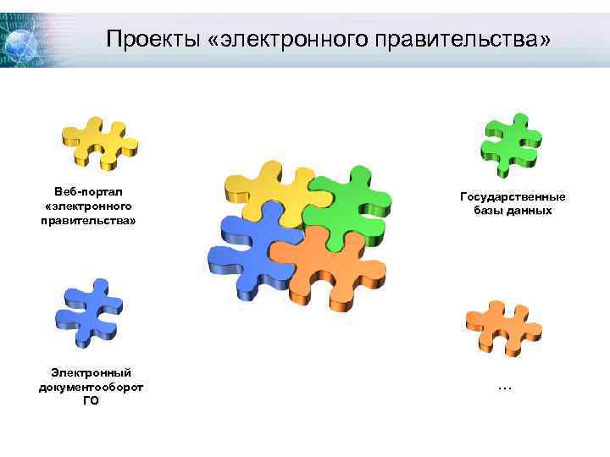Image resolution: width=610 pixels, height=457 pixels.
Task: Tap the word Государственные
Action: (513, 196)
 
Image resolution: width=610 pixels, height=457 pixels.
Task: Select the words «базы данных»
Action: (513, 210)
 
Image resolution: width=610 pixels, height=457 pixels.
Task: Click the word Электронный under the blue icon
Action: (91, 372)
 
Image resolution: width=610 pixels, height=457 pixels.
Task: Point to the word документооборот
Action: (91, 387)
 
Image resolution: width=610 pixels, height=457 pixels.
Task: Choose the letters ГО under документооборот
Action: (91, 400)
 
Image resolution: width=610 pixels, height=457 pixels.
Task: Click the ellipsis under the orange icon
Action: (505, 387)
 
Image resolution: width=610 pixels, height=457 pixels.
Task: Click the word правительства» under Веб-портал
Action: (88, 220)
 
